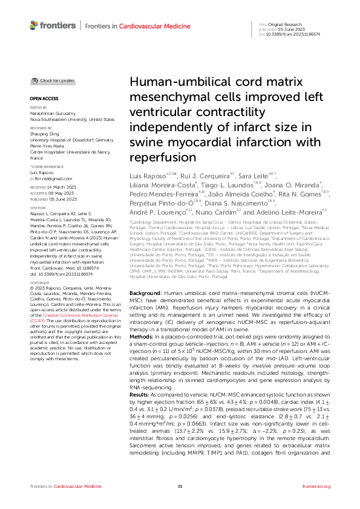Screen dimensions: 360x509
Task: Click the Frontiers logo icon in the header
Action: (x=35, y=25)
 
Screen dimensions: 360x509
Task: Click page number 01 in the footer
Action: (x=180, y=487)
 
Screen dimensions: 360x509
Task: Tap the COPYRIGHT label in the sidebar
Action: (x=41, y=282)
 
